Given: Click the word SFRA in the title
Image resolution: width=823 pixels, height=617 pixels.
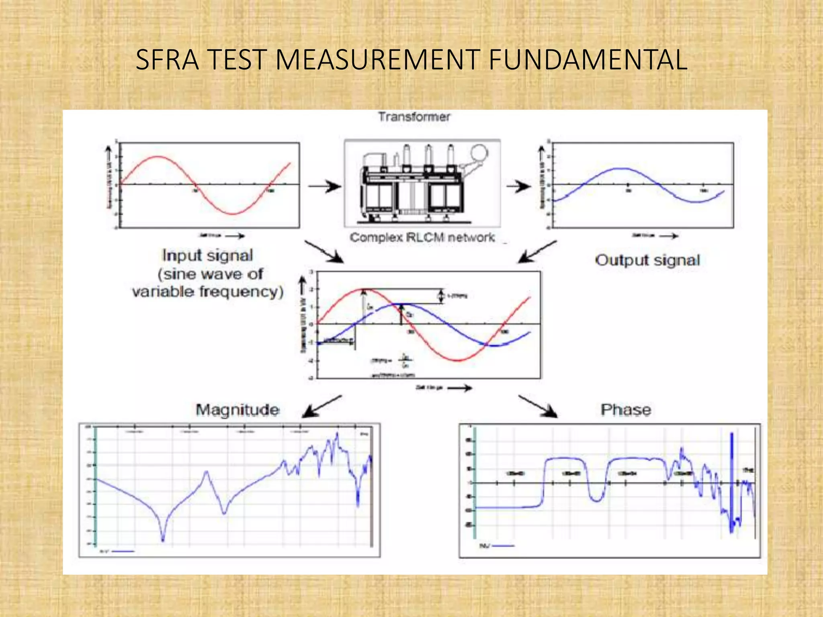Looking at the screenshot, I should coord(167,60).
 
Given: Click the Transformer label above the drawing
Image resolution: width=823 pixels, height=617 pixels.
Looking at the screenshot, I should coord(414,117).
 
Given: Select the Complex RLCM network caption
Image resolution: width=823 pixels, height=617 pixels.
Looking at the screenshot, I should coord(422,237).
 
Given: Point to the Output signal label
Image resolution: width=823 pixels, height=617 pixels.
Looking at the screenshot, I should coord(647,260).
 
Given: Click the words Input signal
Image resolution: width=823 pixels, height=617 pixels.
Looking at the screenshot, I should coord(207,255).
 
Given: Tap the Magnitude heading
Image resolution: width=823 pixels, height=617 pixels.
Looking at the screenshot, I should coord(237,410).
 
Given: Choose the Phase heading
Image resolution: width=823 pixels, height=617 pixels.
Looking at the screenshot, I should coord(626,410).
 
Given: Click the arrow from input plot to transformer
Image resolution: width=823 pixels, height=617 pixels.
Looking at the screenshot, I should coord(325,186).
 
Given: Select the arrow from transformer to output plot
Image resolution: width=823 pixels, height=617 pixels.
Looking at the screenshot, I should coord(518,186).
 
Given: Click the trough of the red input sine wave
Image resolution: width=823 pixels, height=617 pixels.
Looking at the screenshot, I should coord(232,214).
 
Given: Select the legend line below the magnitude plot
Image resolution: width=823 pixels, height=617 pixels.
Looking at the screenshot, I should coord(123,551).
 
